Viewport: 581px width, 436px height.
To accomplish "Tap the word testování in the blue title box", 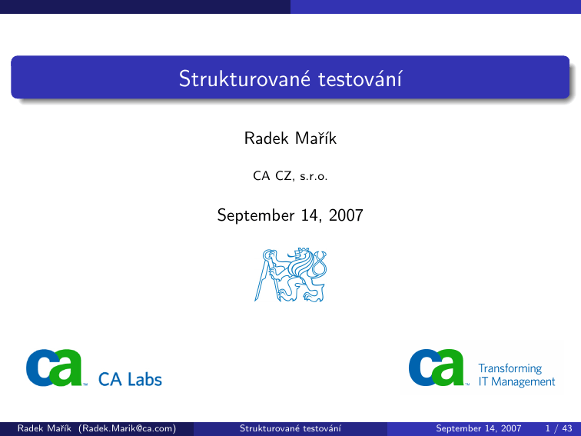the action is click(x=360, y=78).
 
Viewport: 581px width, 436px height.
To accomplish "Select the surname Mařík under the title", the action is click(x=316, y=138).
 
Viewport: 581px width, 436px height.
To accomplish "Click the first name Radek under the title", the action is click(x=267, y=138).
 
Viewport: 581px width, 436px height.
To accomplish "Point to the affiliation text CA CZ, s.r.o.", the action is click(x=290, y=176).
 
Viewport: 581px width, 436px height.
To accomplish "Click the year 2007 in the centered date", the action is click(x=346, y=215).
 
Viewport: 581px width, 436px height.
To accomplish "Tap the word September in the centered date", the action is click(x=256, y=216).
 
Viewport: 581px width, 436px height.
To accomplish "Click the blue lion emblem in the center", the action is click(x=290, y=275).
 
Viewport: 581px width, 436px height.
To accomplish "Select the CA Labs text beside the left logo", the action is click(x=130, y=380).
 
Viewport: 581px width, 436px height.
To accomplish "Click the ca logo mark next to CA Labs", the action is click(x=55, y=368).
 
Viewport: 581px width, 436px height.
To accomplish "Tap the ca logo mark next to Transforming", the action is click(x=437, y=368).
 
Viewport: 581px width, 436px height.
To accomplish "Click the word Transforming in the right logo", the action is click(x=510, y=368).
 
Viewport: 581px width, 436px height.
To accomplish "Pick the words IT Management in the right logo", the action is click(x=516, y=381).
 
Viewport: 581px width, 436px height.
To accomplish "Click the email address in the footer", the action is click(x=127, y=428).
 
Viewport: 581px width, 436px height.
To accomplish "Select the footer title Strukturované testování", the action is click(x=290, y=428).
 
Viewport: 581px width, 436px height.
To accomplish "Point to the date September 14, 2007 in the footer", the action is click(x=478, y=428).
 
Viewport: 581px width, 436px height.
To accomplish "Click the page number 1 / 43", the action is click(x=559, y=428).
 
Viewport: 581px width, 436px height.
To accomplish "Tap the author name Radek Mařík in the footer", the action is click(x=44, y=428).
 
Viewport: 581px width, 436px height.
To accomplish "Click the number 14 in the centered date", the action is click(x=310, y=215).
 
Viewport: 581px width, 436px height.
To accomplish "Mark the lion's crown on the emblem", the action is click(x=304, y=251).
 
